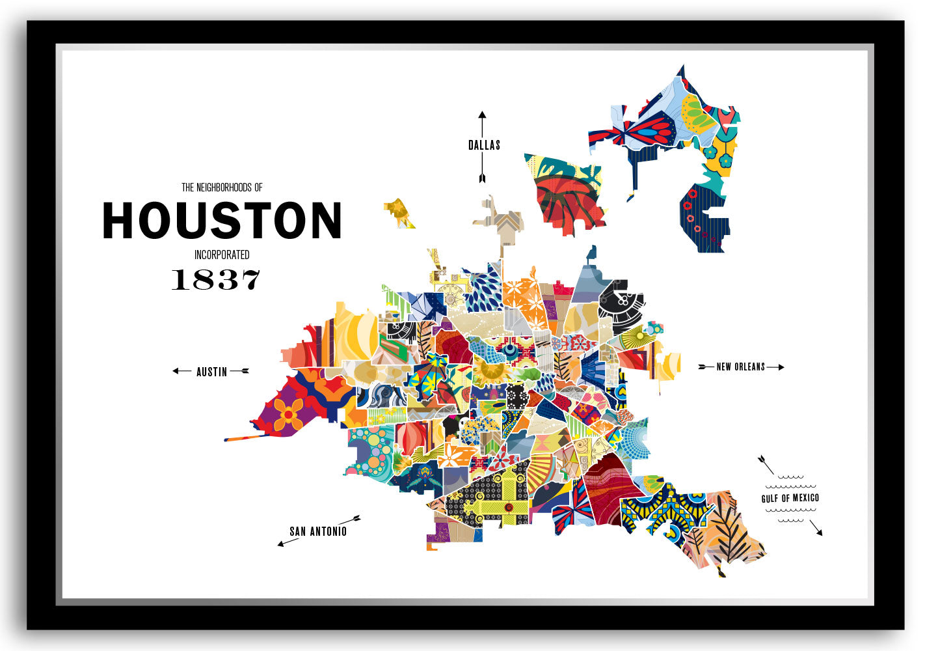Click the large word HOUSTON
click(x=222, y=220)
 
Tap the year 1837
click(x=215, y=279)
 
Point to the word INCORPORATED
click(x=222, y=255)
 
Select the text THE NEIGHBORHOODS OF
click(x=222, y=187)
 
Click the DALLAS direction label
click(x=484, y=145)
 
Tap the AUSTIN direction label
click(x=211, y=372)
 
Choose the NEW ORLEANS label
click(x=740, y=367)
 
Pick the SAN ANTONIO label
click(x=318, y=531)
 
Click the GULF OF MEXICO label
click(x=790, y=499)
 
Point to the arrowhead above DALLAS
click(x=482, y=115)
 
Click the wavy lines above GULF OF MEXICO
click(x=790, y=482)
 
